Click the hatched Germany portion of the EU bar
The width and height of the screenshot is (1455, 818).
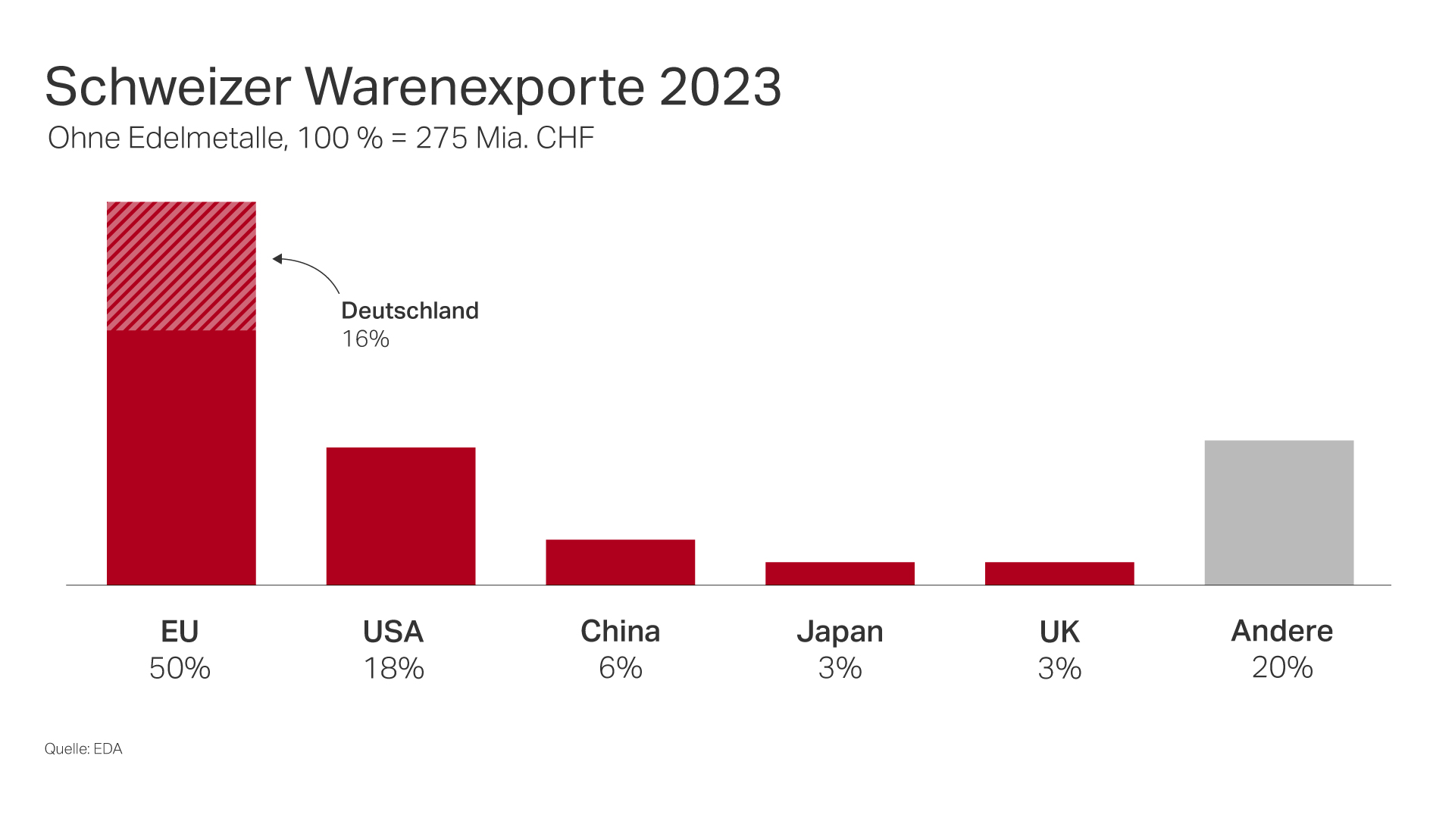(181, 266)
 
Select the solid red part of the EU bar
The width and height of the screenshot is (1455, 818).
(181, 457)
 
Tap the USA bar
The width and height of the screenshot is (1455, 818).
(401, 516)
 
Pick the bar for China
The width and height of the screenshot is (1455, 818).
(620, 562)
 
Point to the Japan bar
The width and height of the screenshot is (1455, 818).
(840, 573)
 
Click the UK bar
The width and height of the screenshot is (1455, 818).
(1059, 573)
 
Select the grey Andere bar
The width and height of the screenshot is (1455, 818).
(1279, 513)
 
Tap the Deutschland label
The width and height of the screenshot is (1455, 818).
(410, 311)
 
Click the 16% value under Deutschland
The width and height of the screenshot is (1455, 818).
(365, 339)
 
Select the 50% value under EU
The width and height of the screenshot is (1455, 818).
(180, 668)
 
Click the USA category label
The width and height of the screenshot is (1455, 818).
(393, 632)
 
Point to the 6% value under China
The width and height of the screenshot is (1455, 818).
(620, 668)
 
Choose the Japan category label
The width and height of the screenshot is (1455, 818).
(840, 632)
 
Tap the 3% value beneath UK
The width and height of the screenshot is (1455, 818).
(1059, 668)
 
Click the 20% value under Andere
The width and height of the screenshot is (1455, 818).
(1281, 667)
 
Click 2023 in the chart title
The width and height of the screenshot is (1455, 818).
(720, 86)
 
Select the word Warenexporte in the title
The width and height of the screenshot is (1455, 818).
(475, 86)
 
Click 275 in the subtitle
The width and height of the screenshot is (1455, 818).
(441, 138)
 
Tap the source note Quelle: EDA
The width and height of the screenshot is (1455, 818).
(83, 748)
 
